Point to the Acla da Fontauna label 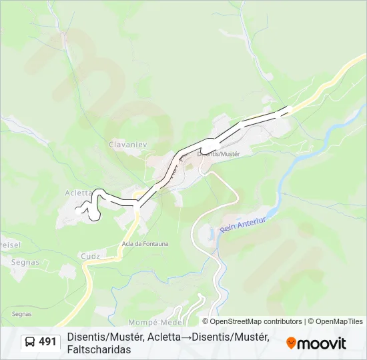point(145,243)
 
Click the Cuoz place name point(90,257)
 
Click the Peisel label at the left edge point(10,245)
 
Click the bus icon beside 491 point(31,342)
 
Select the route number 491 point(47,342)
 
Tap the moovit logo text point(322,343)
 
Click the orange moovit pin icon point(291,343)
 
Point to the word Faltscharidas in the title point(99,349)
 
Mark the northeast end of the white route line point(290,108)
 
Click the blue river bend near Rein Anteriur point(212,233)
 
